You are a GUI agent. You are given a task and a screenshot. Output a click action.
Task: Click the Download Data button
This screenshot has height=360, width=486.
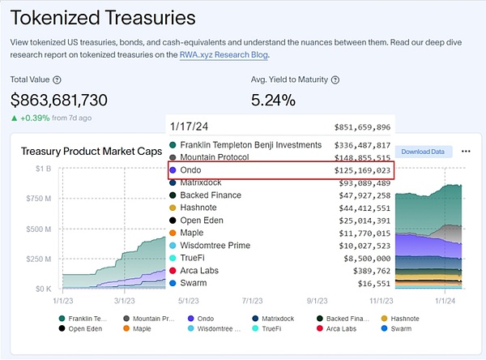(x=423, y=152)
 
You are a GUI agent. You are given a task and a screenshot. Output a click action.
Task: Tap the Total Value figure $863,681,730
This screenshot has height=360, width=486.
(x=70, y=101)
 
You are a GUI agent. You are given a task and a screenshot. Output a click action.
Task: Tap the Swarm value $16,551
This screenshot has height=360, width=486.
(x=373, y=283)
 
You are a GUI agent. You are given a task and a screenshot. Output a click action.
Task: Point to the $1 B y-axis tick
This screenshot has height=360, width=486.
(x=43, y=168)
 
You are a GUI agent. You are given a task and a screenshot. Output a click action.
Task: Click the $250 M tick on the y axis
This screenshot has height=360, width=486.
(x=39, y=259)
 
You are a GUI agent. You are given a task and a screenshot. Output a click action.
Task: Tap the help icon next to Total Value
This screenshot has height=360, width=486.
(x=57, y=80)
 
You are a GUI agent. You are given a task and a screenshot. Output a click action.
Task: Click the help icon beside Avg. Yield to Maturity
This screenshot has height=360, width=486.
(x=335, y=80)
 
